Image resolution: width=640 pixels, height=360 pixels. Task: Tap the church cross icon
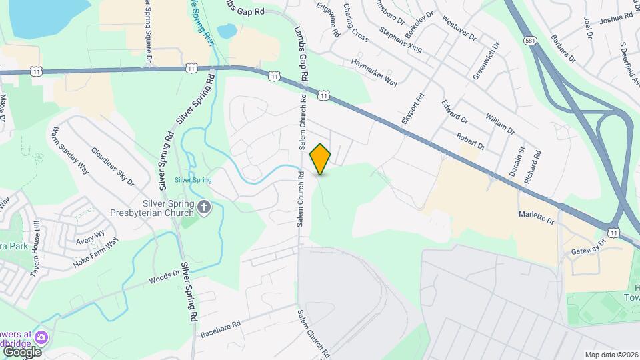[x=205, y=209]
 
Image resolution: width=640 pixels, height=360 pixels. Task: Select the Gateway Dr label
[x=587, y=246]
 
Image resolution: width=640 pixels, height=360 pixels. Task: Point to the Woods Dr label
[x=165, y=275]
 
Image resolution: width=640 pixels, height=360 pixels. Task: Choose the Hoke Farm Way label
[x=95, y=253]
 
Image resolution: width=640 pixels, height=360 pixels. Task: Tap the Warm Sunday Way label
[x=70, y=150]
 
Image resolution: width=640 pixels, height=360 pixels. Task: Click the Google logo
[x=21, y=351]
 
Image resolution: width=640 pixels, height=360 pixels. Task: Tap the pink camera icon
[x=41, y=337]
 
